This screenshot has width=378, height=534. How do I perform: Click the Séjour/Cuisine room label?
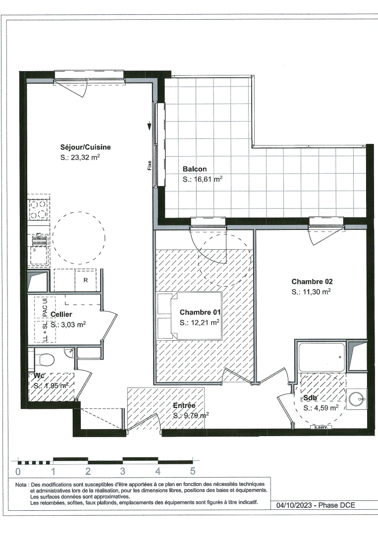tap(85, 147)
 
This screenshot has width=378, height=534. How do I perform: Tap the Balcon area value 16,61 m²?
tap(202, 179)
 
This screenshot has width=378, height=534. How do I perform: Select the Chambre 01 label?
tap(200, 312)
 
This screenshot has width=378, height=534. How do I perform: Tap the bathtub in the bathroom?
tap(322, 355)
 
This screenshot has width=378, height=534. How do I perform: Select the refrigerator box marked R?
tap(85, 280)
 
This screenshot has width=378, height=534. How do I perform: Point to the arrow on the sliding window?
tap(150, 127)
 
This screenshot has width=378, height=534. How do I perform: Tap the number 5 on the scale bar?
tap(193, 471)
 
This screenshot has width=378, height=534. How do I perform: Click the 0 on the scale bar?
tap(18, 471)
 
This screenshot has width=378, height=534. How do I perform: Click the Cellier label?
tap(61, 314)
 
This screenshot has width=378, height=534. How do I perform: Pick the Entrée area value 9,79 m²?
tap(190, 415)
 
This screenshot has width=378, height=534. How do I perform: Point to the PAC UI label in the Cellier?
tap(45, 308)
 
